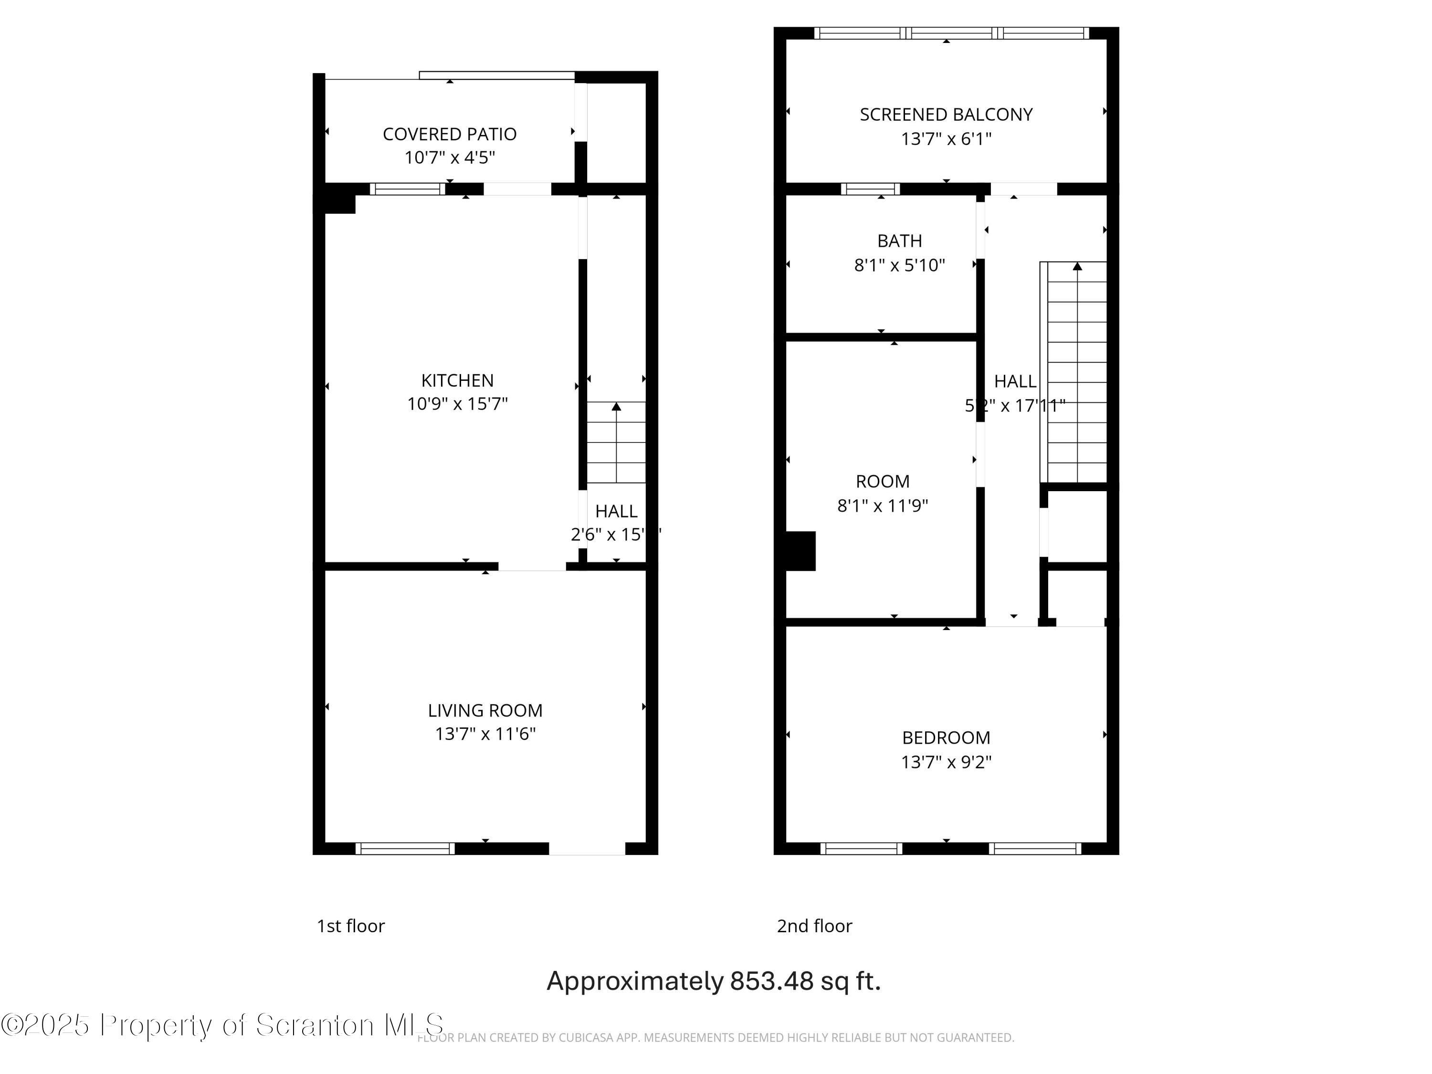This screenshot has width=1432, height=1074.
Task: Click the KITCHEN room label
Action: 457,380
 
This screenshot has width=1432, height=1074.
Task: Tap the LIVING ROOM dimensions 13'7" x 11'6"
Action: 485,734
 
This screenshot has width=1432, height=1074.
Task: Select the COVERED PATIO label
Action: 449,134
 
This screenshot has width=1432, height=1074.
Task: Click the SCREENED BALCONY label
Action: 946,115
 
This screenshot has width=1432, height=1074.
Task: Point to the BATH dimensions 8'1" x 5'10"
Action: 899,265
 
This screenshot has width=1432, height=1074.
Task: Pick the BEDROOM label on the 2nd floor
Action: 946,737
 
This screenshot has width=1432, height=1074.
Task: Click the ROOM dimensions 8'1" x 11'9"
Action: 883,505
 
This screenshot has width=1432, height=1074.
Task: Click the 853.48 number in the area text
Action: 771,981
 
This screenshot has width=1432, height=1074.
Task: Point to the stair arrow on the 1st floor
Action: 616,407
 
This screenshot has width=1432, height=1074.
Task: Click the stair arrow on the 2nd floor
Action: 1077,266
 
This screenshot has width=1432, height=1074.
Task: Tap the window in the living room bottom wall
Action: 405,848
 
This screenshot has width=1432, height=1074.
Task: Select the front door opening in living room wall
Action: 587,848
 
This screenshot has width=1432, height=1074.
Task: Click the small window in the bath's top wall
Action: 870,189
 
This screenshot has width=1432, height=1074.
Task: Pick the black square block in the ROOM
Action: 800,551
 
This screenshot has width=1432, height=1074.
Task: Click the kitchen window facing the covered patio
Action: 407,189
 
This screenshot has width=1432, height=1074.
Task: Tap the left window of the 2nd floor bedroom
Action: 861,848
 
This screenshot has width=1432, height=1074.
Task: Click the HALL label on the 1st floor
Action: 616,511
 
